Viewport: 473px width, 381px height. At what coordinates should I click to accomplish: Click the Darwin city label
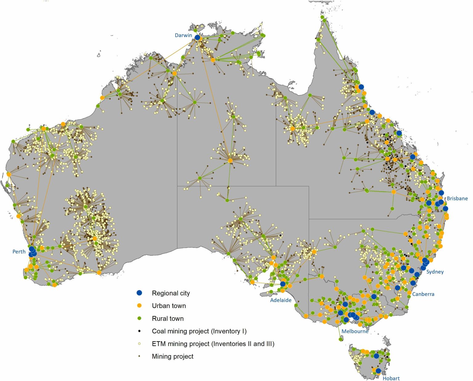click(x=183, y=35)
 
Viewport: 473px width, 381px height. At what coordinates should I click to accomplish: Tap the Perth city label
click(x=19, y=252)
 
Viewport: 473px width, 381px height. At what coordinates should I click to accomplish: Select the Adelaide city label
click(x=281, y=300)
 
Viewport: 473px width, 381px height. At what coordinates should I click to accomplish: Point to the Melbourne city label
click(x=355, y=331)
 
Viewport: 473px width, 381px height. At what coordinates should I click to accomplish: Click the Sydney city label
click(x=435, y=272)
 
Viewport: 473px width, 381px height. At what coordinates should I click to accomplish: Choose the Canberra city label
click(x=423, y=294)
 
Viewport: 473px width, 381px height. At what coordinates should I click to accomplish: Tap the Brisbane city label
click(x=457, y=199)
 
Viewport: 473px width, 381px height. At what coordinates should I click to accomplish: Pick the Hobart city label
click(x=391, y=378)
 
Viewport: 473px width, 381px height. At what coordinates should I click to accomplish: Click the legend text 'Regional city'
click(x=171, y=293)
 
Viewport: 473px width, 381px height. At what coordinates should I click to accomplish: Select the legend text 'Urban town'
click(x=169, y=306)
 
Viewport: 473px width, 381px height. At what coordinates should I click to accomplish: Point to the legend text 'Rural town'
click(x=168, y=319)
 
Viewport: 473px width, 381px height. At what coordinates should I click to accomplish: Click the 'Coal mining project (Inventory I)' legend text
click(x=199, y=331)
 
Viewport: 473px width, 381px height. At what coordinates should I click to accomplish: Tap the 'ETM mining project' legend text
click(x=213, y=344)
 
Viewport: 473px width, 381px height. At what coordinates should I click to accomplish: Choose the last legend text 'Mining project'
click(x=172, y=356)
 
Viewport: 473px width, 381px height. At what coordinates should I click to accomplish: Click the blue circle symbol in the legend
click(x=139, y=293)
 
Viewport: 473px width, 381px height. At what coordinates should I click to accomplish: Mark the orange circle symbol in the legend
click(x=139, y=306)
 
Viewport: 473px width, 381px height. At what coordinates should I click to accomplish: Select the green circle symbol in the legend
click(x=139, y=318)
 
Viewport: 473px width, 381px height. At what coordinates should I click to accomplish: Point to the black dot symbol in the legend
click(x=139, y=331)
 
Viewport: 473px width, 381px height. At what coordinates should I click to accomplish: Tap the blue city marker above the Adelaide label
click(x=283, y=284)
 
